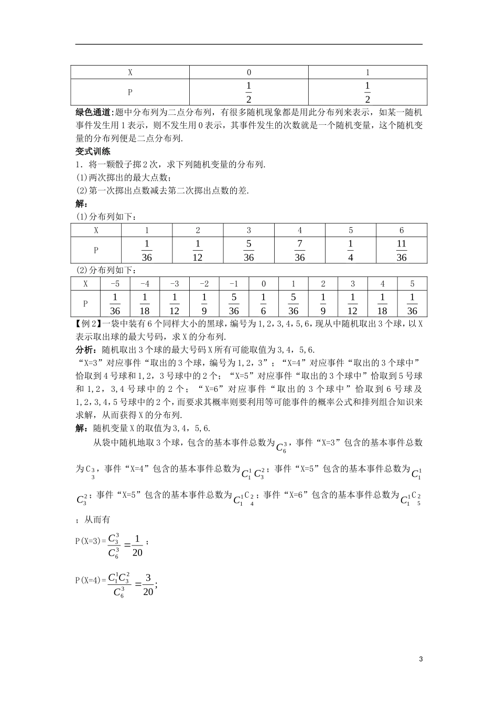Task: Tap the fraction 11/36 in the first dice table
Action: point(402,250)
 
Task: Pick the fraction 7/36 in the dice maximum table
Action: point(299,250)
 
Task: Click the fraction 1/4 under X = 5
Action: point(350,250)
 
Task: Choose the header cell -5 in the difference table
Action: point(115,284)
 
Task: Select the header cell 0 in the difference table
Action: point(264,284)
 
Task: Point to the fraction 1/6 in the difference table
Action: point(264,304)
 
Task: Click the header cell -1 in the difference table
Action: point(234,284)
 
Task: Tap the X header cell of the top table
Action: point(130,72)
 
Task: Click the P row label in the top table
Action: point(130,92)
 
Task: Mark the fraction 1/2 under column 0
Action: point(248,92)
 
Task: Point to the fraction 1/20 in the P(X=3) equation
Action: point(137,545)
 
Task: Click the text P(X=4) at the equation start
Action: point(90,580)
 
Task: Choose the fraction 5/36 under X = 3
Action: point(248,250)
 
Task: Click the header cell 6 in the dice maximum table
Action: point(402,230)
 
